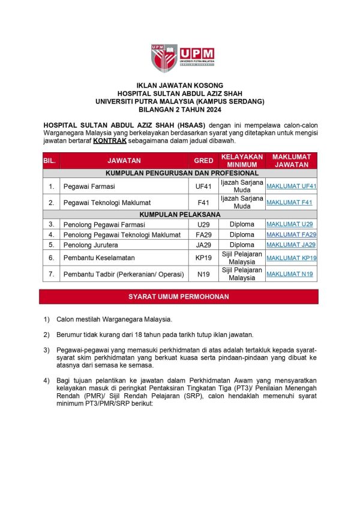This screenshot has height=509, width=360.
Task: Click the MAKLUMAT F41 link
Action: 289,203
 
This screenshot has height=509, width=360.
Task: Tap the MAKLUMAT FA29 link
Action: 291,234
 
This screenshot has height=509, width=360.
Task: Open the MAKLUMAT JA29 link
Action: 291,245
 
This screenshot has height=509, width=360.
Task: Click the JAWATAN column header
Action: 124,161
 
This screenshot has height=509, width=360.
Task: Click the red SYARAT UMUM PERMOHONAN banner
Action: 179,297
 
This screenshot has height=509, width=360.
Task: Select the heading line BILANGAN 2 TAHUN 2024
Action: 179,110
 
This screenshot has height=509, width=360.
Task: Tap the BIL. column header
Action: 50,161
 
